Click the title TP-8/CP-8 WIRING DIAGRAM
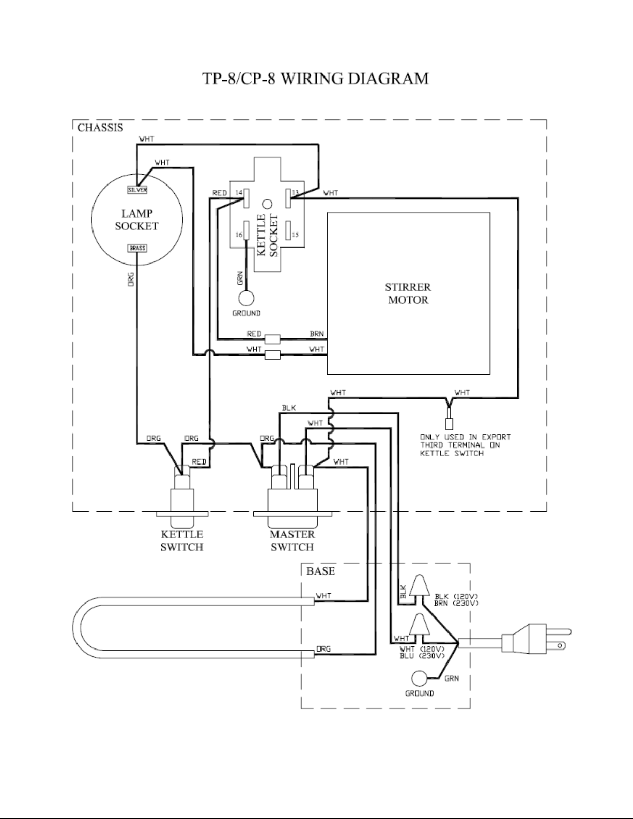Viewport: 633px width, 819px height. pyautogui.click(x=316, y=79)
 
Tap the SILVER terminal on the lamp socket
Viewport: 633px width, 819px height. pyautogui.click(x=137, y=190)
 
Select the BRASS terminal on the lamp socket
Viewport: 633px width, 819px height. pyautogui.click(x=137, y=248)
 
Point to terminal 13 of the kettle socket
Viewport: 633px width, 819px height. pyautogui.click(x=288, y=198)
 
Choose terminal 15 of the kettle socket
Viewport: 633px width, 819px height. pyautogui.click(x=288, y=230)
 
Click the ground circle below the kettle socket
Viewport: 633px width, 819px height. pyautogui.click(x=246, y=298)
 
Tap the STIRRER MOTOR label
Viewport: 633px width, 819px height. pyautogui.click(x=408, y=293)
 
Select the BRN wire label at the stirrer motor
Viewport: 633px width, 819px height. pyautogui.click(x=316, y=334)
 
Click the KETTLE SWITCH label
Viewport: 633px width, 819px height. pyautogui.click(x=181, y=540)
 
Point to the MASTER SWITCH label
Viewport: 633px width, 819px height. pyautogui.click(x=292, y=540)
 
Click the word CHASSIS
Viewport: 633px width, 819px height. pyautogui.click(x=100, y=128)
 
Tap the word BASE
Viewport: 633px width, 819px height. pyautogui.click(x=320, y=571)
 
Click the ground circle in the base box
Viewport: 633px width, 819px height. pyautogui.click(x=419, y=678)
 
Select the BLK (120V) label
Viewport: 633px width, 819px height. pyautogui.click(x=456, y=597)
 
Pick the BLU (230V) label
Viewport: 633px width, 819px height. pyautogui.click(x=422, y=656)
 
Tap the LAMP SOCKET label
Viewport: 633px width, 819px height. pyautogui.click(x=137, y=220)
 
